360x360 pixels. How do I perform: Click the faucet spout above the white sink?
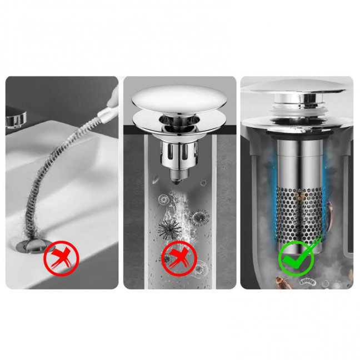tap(17, 118)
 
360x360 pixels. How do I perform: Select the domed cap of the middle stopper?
tap(164, 100)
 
